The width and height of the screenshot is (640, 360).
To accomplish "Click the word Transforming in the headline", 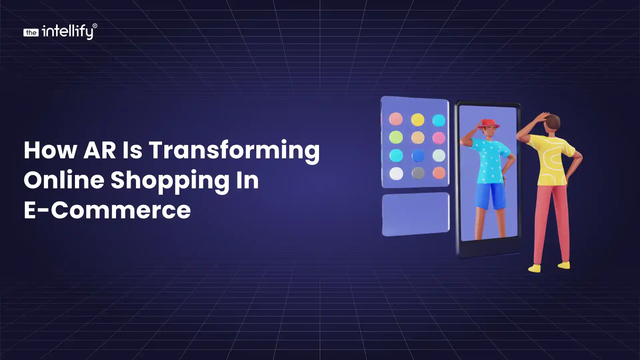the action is pyautogui.click(x=234, y=151).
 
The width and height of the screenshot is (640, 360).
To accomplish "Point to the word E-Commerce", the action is pyautogui.click(x=107, y=210).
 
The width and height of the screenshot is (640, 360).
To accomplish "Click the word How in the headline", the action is pyautogui.click(x=50, y=150).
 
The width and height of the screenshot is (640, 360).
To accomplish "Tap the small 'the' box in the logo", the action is pyautogui.click(x=31, y=32).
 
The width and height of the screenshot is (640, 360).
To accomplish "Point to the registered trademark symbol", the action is pyautogui.click(x=95, y=26).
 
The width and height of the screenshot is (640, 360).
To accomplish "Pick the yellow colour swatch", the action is pyautogui.click(x=417, y=120).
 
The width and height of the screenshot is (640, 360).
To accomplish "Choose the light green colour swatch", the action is pyautogui.click(x=396, y=137).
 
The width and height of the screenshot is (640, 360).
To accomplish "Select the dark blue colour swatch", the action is pyautogui.click(x=418, y=156).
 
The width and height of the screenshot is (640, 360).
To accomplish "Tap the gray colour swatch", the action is pyautogui.click(x=418, y=173).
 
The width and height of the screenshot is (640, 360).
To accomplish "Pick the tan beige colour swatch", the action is pyautogui.click(x=418, y=137).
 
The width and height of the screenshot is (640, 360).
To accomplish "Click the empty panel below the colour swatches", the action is pyautogui.click(x=416, y=214).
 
